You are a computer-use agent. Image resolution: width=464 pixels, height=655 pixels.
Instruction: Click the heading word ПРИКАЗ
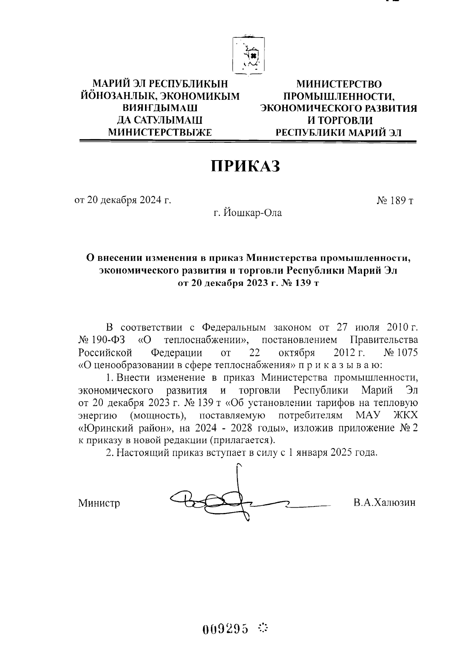click(x=245, y=166)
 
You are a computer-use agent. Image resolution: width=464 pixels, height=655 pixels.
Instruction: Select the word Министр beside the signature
click(x=99, y=503)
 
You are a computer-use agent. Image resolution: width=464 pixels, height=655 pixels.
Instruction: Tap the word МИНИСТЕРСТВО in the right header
click(x=339, y=84)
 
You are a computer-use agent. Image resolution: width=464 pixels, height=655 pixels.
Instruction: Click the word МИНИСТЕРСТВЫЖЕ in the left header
click(x=160, y=133)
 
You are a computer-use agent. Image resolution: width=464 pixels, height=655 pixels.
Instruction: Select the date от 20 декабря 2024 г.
click(x=123, y=200)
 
